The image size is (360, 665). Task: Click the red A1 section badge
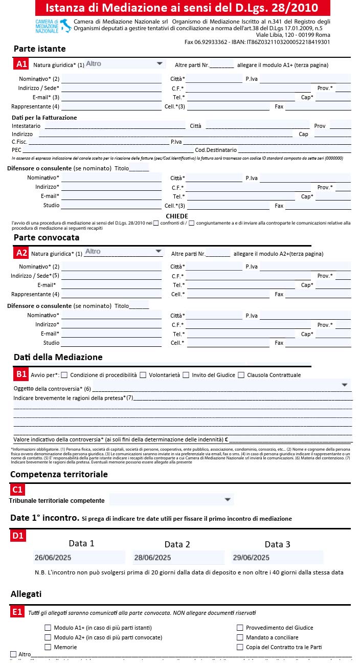tap(21, 64)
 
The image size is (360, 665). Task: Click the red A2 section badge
tap(21, 253)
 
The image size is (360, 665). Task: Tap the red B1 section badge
tap(21, 374)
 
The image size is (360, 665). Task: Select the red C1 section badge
tap(18, 490)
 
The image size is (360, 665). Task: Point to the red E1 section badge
tap(18, 612)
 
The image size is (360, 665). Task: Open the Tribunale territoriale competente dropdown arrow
tap(228, 499)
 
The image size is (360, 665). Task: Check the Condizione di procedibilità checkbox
tap(64, 375)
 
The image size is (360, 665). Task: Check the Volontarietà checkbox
tap(143, 375)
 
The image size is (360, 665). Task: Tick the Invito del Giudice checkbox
tap(186, 375)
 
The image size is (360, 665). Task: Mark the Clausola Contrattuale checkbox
tap(241, 375)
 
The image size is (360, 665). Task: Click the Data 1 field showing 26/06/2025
tap(79, 558)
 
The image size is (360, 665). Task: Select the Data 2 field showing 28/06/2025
tap(178, 558)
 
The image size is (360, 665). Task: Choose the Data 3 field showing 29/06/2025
tap(278, 558)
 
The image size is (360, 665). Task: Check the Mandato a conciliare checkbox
tap(240, 637)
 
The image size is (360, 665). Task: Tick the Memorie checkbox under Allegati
tap(48, 647)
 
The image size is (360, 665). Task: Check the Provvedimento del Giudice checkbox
tap(240, 628)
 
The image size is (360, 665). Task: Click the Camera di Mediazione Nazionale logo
tap(52, 26)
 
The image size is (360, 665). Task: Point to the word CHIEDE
tap(177, 216)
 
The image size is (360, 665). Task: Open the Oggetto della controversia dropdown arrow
tap(344, 385)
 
